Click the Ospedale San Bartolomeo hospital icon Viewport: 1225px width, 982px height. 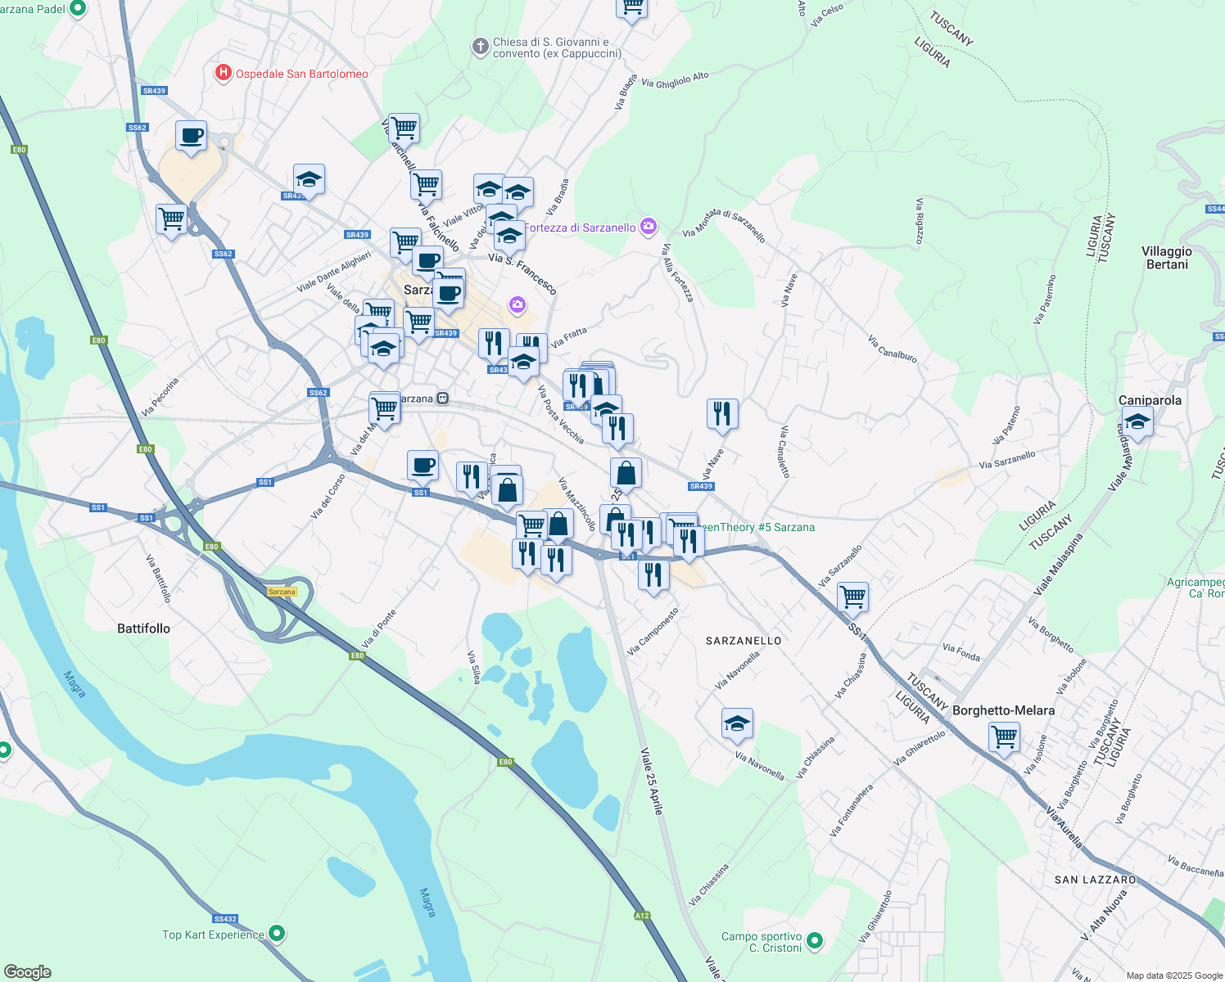223,74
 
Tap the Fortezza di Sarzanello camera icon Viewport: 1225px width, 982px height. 649,227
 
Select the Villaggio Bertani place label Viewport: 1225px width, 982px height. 1167,258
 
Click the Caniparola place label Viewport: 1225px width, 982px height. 1150,400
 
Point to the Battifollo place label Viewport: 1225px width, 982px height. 143,628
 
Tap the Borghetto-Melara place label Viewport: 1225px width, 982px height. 1003,710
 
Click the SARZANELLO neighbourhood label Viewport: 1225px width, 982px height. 744,641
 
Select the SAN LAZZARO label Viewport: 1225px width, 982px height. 1095,880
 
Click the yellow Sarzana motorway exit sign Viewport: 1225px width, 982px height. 282,592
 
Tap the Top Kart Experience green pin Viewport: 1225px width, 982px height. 277,933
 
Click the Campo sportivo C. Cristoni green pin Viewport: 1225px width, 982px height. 814,941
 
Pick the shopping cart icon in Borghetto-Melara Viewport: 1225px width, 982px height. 1004,736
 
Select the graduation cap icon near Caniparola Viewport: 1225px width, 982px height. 1137,422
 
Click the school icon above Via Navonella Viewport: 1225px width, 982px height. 737,723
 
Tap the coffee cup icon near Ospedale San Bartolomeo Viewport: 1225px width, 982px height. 191,136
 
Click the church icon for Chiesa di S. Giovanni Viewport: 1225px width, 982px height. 481,47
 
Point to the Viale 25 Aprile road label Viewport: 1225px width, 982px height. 652,781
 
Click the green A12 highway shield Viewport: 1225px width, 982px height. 642,916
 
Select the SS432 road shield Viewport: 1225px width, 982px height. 224,919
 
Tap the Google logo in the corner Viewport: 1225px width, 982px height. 27,971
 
